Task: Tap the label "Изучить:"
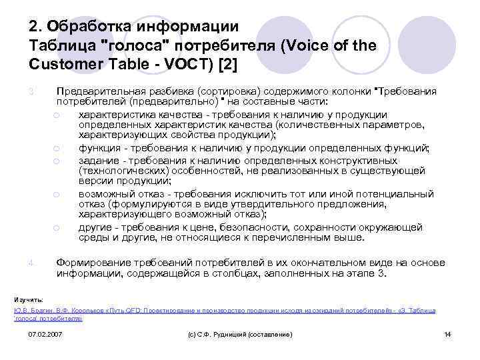tap(29, 299)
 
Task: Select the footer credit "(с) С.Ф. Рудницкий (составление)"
tap(237, 333)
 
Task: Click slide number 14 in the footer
tap(447, 333)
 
